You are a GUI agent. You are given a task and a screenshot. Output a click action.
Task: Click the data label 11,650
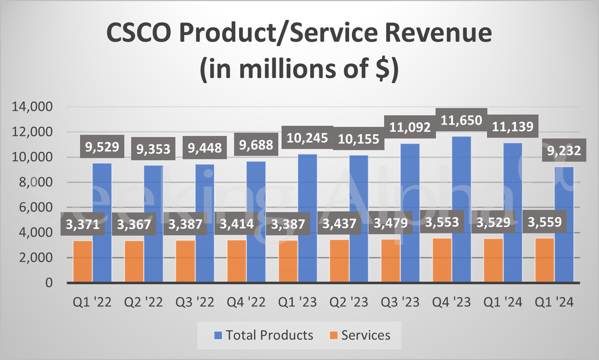[x=461, y=121]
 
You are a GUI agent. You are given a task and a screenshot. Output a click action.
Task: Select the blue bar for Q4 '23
[x=461, y=211]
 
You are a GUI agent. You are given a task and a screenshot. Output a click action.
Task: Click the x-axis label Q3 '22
[x=195, y=302]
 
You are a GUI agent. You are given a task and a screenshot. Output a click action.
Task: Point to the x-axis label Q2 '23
[x=349, y=302]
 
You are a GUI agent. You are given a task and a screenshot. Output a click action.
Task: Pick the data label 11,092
[x=410, y=127]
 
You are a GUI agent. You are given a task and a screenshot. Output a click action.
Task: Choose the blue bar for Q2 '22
[x=153, y=225]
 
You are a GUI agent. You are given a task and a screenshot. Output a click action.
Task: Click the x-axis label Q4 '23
[x=452, y=302]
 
